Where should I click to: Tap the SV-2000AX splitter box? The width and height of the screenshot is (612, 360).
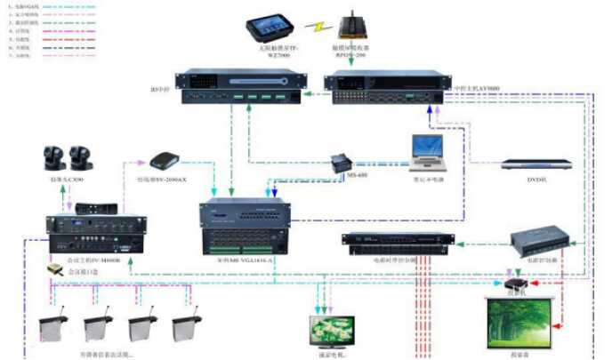pyautogui.click(x=168, y=161)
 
